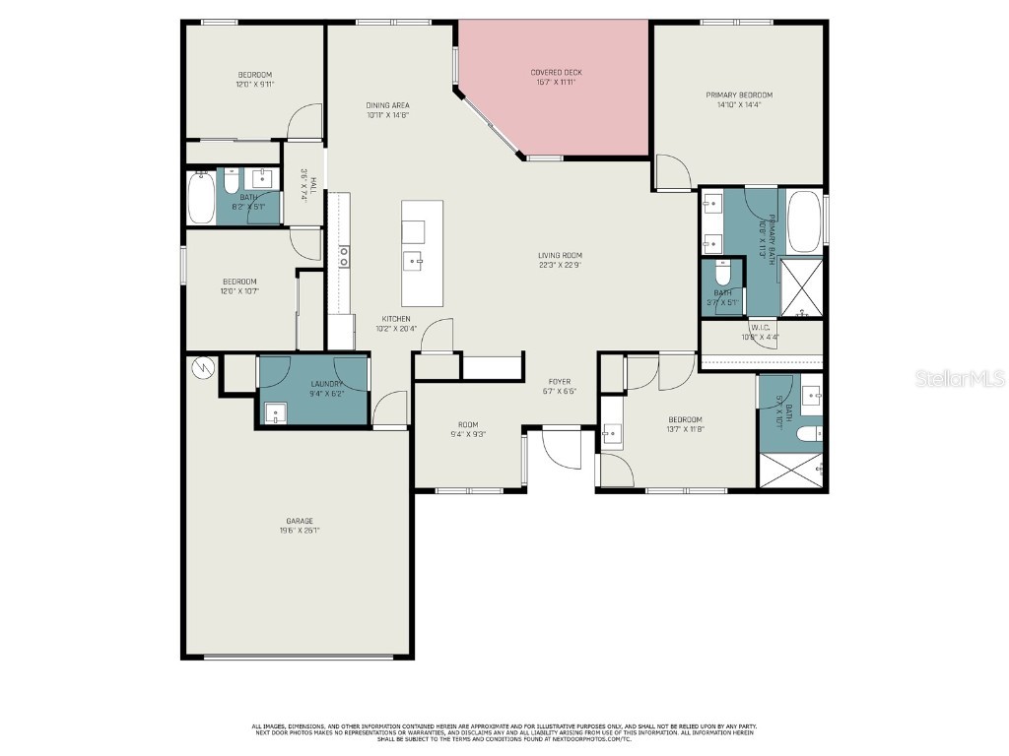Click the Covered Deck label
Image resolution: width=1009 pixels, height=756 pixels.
557,72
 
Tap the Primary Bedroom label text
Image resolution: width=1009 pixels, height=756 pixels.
738,94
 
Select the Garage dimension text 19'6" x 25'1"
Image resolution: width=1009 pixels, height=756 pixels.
300,531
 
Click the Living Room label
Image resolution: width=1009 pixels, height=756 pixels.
560,255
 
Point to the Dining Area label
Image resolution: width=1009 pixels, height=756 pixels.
387,105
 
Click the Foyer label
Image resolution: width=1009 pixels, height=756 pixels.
560,382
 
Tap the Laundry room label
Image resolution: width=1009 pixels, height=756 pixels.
326,384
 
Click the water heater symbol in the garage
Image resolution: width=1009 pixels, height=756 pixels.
201,366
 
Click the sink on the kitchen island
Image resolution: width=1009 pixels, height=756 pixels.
414,261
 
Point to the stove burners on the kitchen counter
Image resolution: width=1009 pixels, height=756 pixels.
343,257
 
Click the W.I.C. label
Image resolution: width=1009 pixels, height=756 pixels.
760,328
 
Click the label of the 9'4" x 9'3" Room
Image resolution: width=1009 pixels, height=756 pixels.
467,424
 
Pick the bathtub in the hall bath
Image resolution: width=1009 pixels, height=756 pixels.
201,198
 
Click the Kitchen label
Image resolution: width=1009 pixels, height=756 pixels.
396,319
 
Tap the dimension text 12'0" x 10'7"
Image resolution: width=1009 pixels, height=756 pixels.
239,290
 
